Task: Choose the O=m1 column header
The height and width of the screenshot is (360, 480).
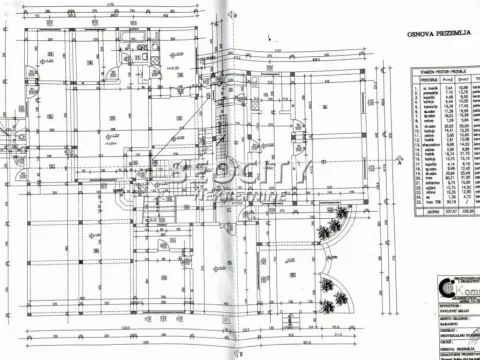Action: (464, 80)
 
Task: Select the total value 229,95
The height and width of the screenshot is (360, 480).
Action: (464, 212)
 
